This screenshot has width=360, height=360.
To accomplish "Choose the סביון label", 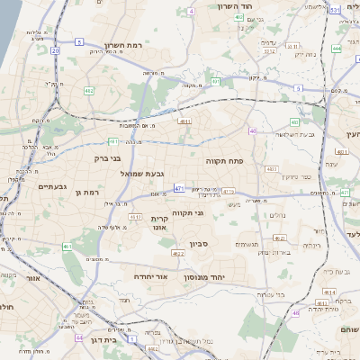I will [200, 243].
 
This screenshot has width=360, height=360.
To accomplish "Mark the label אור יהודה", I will [155, 276].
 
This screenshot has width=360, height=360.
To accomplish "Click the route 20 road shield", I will [55, 51].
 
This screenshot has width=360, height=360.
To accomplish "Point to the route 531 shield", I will [334, 10].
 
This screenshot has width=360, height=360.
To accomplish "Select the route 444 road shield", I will [336, 49].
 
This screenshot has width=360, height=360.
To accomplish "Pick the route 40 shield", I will [253, 130].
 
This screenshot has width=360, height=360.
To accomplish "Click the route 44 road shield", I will [79, 337].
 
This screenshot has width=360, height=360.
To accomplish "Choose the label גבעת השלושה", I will [291, 134].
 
